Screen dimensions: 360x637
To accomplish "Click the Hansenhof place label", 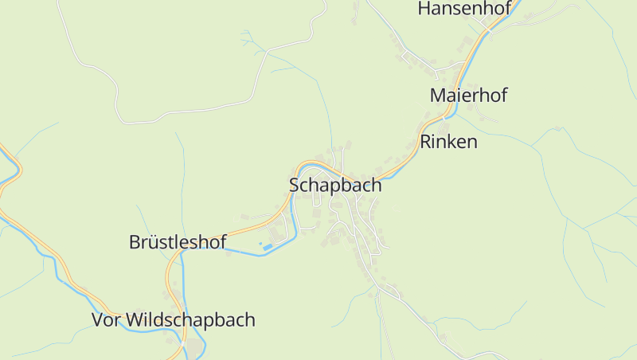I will coord(462,10).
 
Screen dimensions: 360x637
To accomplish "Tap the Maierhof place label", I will coord(468,95).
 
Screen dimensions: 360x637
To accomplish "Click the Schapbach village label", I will coord(335,186).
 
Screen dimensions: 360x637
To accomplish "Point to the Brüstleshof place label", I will coord(178,242).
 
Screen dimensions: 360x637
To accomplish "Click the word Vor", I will coord(107,320).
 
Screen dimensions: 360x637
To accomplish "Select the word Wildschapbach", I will coord(191,320).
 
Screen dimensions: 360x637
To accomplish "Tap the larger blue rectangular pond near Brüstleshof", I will coord(268,246).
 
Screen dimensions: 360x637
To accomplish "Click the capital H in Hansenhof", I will coord(424,10).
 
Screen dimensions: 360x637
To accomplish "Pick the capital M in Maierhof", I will coord(437,95).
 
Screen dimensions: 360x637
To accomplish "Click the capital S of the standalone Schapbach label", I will coord(294,186).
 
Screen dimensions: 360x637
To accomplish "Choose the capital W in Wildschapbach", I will coord(136,320).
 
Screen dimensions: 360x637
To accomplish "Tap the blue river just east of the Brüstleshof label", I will coord(239,250).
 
